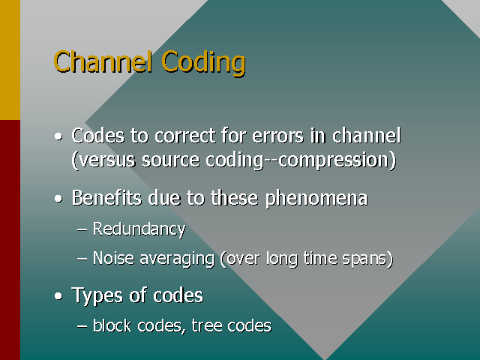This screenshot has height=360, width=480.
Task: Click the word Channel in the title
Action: click(103, 61)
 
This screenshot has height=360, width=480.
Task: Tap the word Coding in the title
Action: click(203, 63)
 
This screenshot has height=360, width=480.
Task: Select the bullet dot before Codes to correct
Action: click(58, 136)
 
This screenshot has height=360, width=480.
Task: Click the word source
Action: click(170, 160)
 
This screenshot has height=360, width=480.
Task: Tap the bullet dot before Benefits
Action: click(58, 199)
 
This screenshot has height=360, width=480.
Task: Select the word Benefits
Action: click(106, 198)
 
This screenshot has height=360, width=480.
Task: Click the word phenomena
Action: click(316, 198)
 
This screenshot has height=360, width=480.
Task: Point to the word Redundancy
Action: click(139, 229)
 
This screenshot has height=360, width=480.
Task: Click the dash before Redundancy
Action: click(82, 229)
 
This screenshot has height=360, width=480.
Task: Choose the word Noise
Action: click(113, 258)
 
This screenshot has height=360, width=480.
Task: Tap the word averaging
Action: click(177, 259)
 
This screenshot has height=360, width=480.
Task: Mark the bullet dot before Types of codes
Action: click(58, 296)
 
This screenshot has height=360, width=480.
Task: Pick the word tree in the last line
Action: click(207, 325)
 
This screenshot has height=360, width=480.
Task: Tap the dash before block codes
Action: click(82, 326)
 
